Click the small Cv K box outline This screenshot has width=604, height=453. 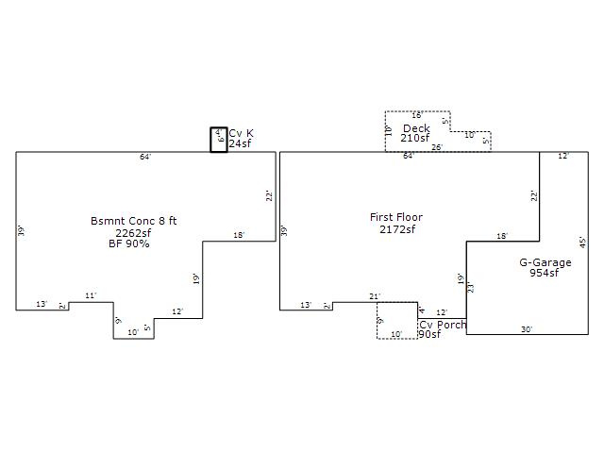pyautogui.click(x=218, y=140)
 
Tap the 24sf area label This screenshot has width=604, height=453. pyautogui.click(x=240, y=143)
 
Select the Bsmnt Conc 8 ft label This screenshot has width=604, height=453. pyautogui.click(x=133, y=221)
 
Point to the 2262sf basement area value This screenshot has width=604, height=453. pyautogui.click(x=133, y=232)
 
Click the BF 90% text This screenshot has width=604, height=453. pyautogui.click(x=129, y=243)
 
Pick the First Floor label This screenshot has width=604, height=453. pyautogui.click(x=396, y=218)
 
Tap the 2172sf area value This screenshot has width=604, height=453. pyautogui.click(x=397, y=229)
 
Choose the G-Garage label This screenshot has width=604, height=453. pyautogui.click(x=545, y=262)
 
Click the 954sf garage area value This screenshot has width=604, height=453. pyautogui.click(x=545, y=274)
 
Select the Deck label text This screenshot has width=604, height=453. pyautogui.click(x=416, y=128)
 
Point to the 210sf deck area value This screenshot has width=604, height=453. pyautogui.click(x=415, y=139)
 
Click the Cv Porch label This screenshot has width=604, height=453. pyautogui.click(x=443, y=325)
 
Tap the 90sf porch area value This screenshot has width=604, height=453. pyautogui.click(x=429, y=335)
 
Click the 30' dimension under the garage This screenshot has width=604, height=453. pyautogui.click(x=527, y=329)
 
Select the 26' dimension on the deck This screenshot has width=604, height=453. pyautogui.click(x=436, y=148)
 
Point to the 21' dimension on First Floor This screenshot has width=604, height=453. pyautogui.click(x=375, y=297)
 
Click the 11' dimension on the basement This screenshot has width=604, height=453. pyautogui.click(x=91, y=296)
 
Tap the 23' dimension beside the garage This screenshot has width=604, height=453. pyautogui.click(x=471, y=287)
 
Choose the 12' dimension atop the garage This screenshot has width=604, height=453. pyautogui.click(x=563, y=157)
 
